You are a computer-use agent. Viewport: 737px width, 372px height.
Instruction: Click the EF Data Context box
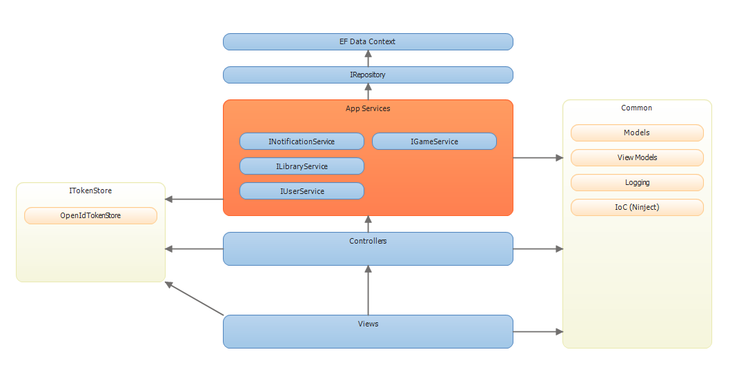tap(368, 41)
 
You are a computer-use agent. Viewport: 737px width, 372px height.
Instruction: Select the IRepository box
tap(368, 75)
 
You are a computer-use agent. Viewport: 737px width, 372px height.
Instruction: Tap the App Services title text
tap(368, 108)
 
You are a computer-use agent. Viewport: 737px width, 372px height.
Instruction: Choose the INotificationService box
tap(302, 141)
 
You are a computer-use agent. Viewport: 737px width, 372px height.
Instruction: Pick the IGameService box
tap(434, 141)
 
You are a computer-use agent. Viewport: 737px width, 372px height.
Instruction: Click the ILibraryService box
tap(302, 166)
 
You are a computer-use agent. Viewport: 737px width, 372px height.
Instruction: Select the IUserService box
tap(302, 191)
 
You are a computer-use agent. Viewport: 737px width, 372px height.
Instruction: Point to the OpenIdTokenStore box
tap(90, 216)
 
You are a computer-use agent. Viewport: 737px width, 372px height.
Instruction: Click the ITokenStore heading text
tap(90, 190)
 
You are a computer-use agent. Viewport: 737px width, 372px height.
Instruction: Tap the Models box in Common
tap(636, 133)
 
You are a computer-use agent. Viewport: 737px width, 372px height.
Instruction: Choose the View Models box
tap(636, 157)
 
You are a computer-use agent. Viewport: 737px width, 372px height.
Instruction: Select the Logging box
tap(636, 183)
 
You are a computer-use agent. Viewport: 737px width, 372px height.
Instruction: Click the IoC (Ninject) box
tap(636, 207)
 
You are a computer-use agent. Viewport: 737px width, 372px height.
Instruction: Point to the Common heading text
tap(636, 108)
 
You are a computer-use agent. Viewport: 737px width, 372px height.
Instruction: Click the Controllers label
tap(368, 241)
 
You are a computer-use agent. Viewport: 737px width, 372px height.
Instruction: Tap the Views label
tap(368, 324)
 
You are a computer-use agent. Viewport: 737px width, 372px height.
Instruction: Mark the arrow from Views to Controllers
tap(368, 290)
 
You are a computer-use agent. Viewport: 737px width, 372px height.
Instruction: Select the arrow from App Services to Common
tap(538, 158)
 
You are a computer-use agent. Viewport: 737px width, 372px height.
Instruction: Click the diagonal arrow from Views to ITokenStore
tap(195, 299)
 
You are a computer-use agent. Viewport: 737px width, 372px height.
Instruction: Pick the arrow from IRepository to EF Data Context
tap(368, 58)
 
